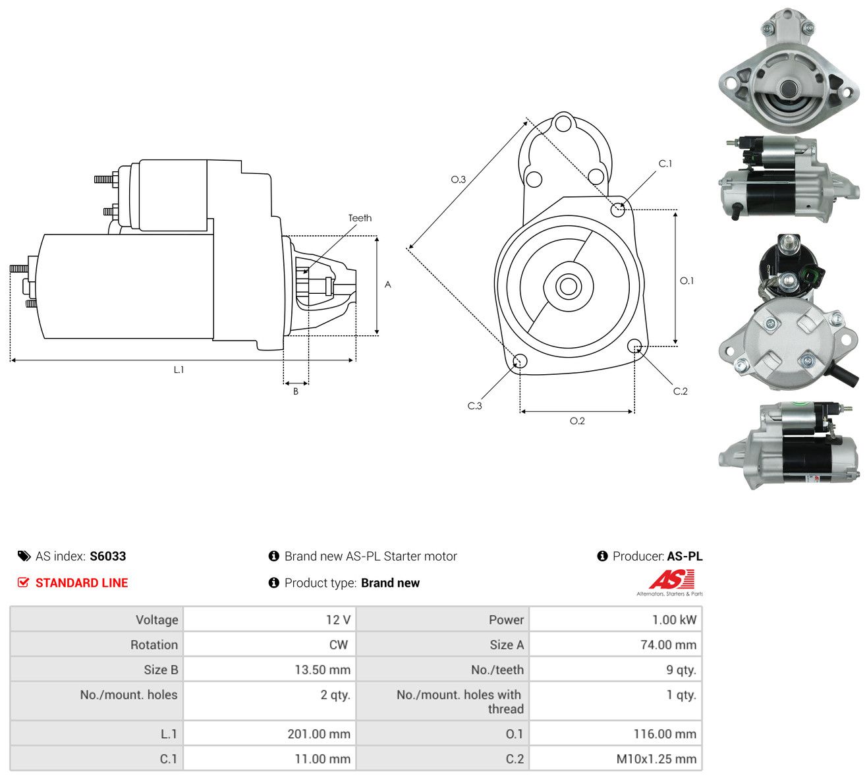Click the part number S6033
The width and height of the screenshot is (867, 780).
[x=107, y=556]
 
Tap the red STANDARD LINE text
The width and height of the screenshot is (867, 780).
[x=82, y=583]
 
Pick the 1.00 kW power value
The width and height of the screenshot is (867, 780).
[x=674, y=620]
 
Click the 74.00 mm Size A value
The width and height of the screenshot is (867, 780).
[x=668, y=645]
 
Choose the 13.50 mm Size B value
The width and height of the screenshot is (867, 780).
[x=322, y=670]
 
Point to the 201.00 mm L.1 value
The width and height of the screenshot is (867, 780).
[x=319, y=734]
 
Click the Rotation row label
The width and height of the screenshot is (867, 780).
[x=154, y=645]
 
